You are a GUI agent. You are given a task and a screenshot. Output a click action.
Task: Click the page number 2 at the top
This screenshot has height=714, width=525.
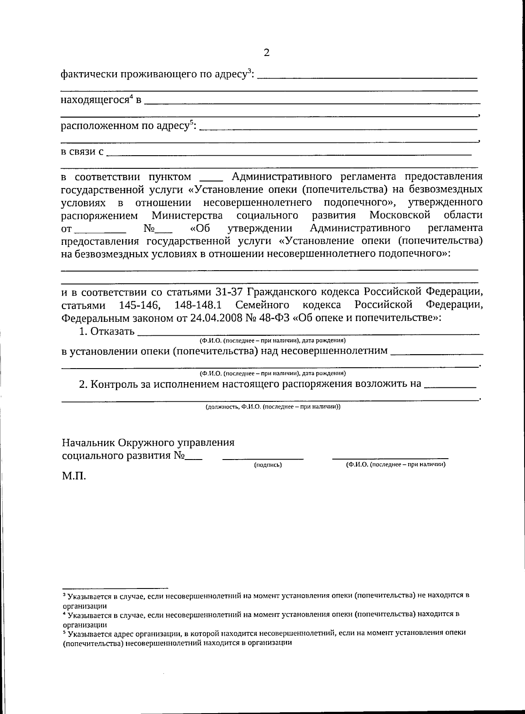click(266, 53)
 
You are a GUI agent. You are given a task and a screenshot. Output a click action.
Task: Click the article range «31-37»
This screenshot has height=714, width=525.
click(231, 292)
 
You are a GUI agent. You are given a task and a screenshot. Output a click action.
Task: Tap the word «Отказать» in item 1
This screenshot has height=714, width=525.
click(112, 331)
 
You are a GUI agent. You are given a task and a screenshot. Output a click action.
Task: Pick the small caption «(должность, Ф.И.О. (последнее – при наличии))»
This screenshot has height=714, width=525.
click(273, 407)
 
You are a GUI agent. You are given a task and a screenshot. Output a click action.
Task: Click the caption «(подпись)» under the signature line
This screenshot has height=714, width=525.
click(268, 465)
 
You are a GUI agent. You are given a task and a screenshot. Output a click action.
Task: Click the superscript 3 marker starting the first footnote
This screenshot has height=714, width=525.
click(64, 595)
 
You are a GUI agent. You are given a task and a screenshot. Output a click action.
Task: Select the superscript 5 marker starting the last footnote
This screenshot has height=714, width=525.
click(64, 632)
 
